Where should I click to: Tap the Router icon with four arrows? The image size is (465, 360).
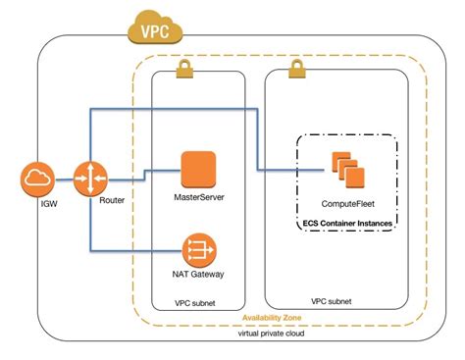(89, 179)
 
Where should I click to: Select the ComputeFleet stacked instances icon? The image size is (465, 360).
(345, 169)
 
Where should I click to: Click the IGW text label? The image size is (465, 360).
(37, 205)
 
